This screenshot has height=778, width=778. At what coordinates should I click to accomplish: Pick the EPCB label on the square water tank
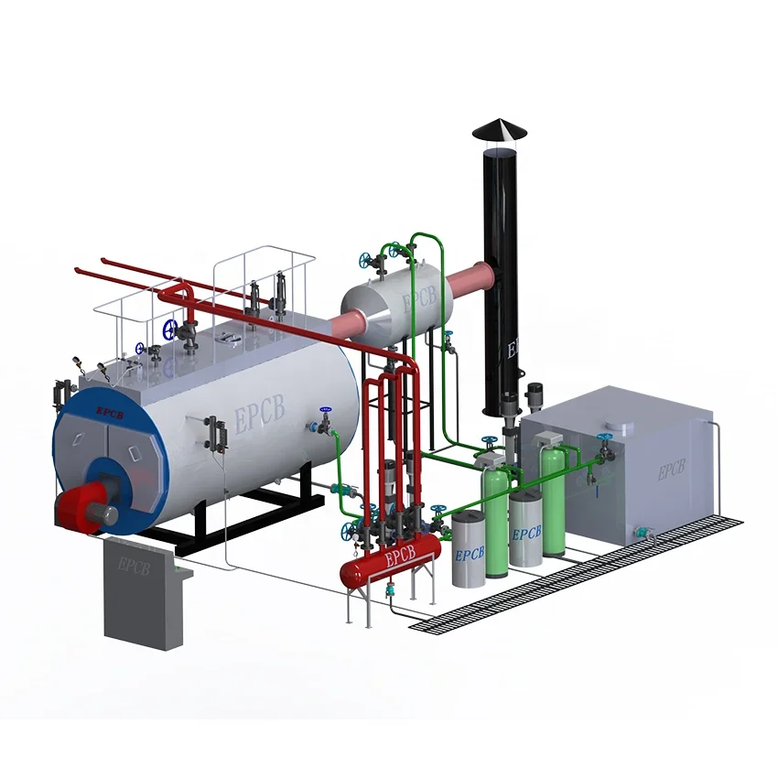[671, 471]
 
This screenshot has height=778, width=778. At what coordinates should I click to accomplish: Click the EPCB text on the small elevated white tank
[421, 299]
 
